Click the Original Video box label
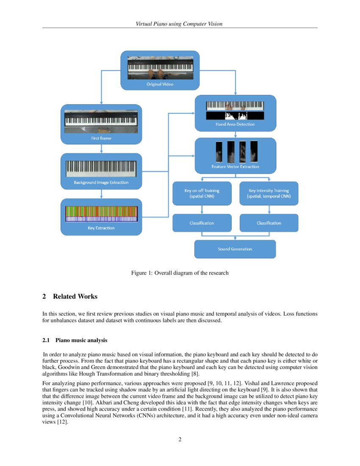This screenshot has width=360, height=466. point(160,84)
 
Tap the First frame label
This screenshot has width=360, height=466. point(101,138)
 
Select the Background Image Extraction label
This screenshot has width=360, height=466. point(101,183)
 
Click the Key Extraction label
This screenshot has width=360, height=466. point(101,228)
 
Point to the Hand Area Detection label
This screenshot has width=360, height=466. point(235,125)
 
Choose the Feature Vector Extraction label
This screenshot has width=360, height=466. point(235,166)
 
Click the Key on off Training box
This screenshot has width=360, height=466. point(202,194)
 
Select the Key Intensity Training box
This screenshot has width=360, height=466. point(269,194)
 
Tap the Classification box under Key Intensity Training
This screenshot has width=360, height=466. point(269,223)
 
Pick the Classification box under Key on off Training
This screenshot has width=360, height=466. point(202,223)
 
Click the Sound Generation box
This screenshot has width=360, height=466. point(235,249)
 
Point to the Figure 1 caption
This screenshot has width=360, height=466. point(180,273)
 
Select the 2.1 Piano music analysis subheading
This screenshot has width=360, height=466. point(75,340)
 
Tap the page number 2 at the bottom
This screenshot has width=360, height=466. point(180,439)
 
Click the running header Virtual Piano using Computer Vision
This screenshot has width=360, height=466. point(179,24)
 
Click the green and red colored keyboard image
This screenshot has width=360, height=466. point(101,214)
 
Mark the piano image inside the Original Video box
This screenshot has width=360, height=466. point(160,67)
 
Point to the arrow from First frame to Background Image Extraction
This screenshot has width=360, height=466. point(101,149)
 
